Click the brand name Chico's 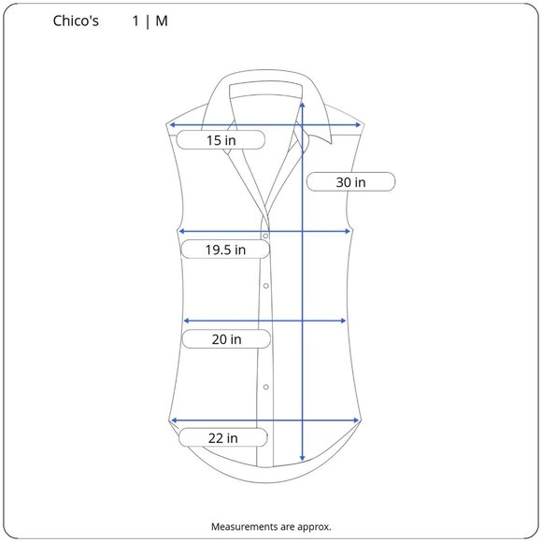76,21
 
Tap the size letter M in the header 162,21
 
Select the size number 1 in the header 135,21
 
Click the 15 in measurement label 221,140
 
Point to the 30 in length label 350,182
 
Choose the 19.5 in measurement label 225,250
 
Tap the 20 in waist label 226,339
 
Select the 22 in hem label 223,437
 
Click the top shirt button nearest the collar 265,236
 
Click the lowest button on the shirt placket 265,387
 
